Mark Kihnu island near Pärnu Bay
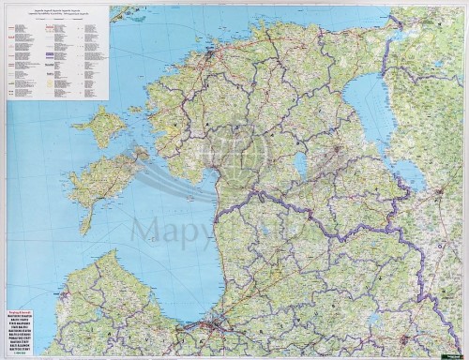[191, 202]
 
